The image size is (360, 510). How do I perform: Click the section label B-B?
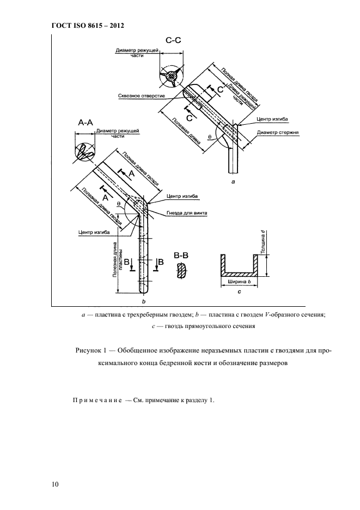181,255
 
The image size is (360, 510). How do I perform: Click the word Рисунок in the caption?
89,350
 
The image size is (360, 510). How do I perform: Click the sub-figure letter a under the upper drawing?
233,184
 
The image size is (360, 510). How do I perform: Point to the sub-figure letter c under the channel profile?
240,293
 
